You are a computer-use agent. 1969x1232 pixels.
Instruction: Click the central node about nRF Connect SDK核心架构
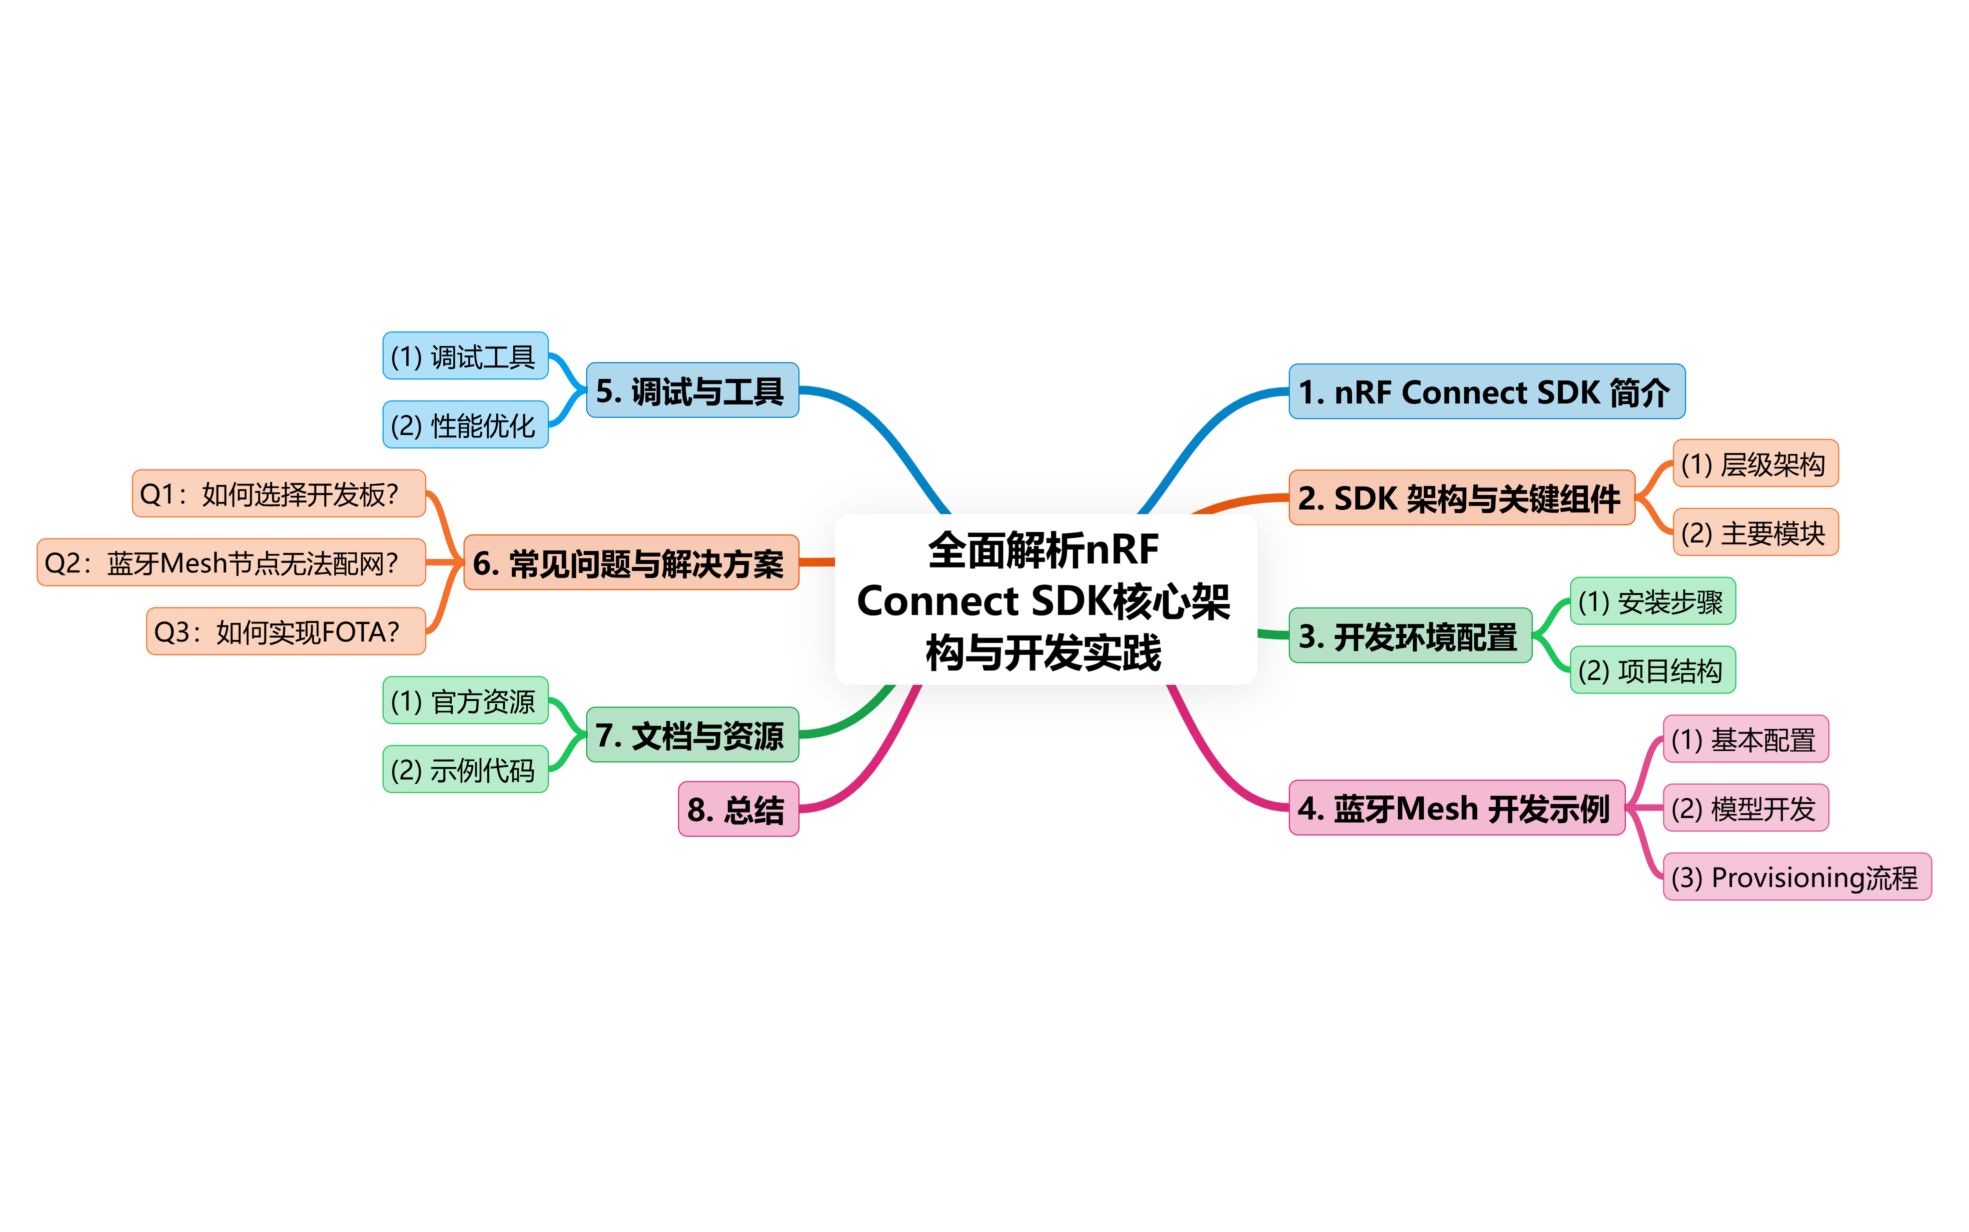click(1046, 599)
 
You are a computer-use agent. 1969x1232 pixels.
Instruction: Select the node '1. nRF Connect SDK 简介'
click(1486, 392)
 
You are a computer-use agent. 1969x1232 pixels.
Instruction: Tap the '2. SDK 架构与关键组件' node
click(1460, 498)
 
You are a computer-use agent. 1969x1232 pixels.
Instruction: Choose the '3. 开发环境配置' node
click(1409, 635)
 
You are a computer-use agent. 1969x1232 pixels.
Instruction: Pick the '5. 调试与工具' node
click(692, 390)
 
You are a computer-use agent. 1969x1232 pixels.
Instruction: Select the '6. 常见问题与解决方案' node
click(630, 562)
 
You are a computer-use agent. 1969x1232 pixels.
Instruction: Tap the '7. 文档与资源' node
click(692, 735)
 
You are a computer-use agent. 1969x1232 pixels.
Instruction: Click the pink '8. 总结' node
click(737, 809)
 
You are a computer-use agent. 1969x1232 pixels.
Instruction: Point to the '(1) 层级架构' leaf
click(1755, 463)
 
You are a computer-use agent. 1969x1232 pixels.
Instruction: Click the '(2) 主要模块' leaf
click(1755, 533)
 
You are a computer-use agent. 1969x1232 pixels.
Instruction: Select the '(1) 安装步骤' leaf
click(1652, 601)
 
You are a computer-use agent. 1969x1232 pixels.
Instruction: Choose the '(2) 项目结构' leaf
click(1652, 670)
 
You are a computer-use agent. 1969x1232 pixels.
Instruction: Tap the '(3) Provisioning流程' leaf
click(1795, 876)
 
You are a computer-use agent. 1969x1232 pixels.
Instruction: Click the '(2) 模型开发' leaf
click(1745, 808)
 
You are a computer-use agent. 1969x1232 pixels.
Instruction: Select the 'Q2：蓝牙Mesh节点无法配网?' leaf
click(232, 562)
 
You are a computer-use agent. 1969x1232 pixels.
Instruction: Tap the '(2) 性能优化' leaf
click(465, 424)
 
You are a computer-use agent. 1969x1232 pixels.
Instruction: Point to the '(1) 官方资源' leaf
click(465, 700)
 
